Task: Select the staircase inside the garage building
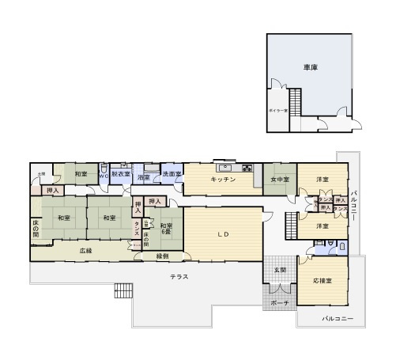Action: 296,102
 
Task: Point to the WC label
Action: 104,175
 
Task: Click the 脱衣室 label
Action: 120,174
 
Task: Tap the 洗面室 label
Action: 172,174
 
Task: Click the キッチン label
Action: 224,180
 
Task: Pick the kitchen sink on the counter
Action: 226,167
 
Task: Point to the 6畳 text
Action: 167,232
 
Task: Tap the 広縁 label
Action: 86,250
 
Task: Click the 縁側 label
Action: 163,256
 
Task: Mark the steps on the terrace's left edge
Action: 123,290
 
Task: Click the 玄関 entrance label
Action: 281,271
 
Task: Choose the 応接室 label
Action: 322,281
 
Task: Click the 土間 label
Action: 41,173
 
